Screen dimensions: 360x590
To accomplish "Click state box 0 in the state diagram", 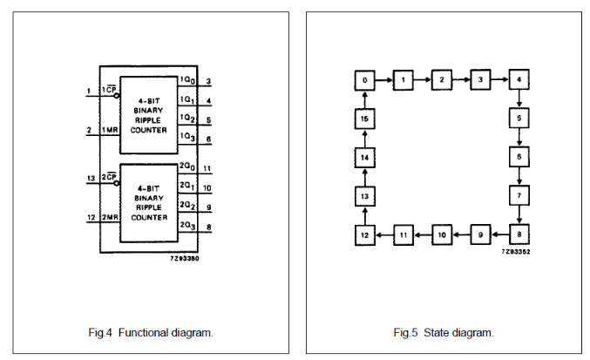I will coord(365,80).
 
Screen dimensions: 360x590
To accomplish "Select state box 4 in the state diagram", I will coord(519,80).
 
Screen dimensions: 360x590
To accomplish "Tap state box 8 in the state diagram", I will coord(519,234).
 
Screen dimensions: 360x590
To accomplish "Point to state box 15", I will coord(365,119).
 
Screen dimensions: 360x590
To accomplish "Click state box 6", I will coord(519,157).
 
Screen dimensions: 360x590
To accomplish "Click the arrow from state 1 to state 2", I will coord(423,80).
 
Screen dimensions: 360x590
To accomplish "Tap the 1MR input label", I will coord(111,131).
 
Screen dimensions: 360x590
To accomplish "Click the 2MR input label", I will coord(111,217).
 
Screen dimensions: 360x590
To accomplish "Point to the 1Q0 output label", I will coord(186,80).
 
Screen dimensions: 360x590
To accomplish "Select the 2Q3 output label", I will coord(186,226).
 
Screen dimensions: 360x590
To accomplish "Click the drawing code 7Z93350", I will coord(185,259).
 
